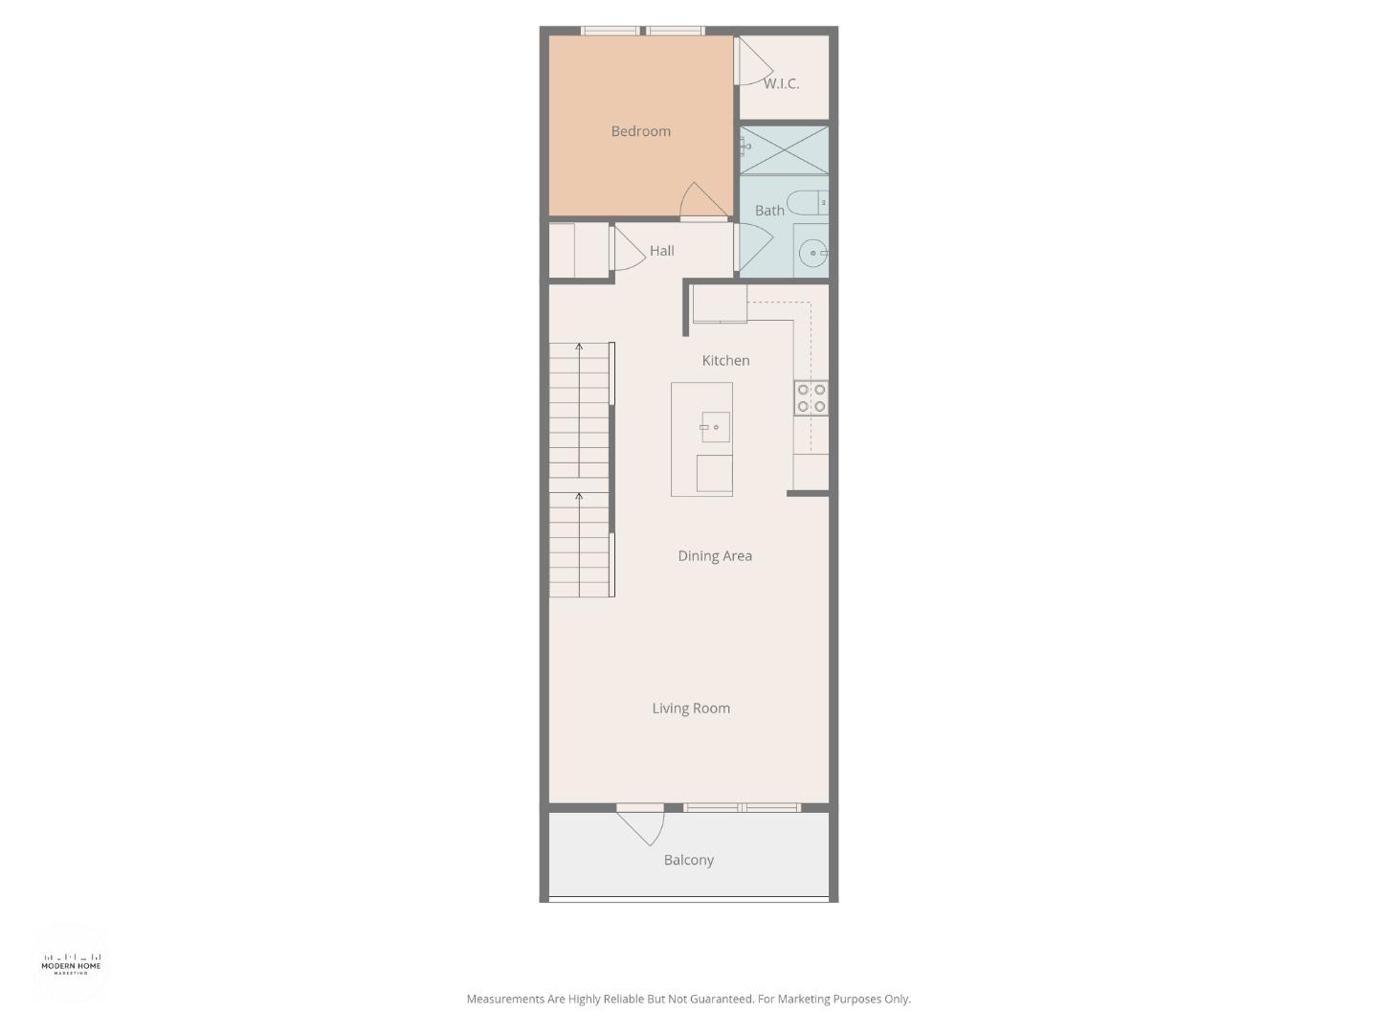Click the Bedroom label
pos(640,131)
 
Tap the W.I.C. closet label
pos(781,83)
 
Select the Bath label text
pos(769,211)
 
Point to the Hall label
pos(661,251)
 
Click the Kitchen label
pos(725,360)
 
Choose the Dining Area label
pos(715,555)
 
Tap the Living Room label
pos(691,708)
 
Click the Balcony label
pos(689,860)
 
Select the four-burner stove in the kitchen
pos(811,398)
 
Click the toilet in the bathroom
pos(806,203)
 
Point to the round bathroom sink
pos(812,254)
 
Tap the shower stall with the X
pos(785,149)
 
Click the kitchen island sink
pos(715,427)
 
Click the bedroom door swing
pos(700,201)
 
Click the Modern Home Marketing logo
pos(71,963)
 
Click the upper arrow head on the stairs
pos(579,346)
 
